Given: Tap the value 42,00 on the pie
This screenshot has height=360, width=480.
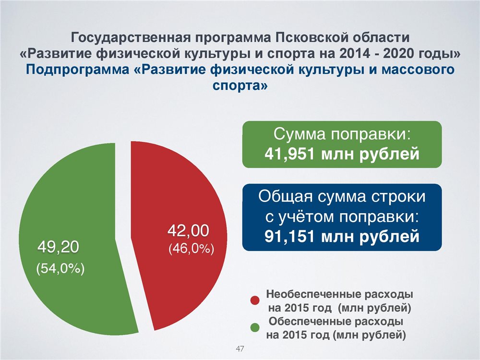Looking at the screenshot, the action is coord(188,230).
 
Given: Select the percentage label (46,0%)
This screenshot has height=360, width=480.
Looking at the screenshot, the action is coord(191,249).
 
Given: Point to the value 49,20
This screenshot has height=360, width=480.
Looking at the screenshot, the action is coord(58,247).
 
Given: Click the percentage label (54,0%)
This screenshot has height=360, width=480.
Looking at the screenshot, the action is coord(60,269).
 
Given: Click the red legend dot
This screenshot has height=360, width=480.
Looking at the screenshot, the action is coord(255,300).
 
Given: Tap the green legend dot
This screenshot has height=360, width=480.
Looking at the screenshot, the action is coord(255,327).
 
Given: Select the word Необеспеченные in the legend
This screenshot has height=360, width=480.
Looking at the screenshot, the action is coord(313,295).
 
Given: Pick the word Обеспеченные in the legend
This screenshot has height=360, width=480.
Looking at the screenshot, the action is coord(310,322).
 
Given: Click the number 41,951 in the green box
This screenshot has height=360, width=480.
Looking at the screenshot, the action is coord(289,154).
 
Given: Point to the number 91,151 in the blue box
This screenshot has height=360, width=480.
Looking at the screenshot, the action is coord(289,236).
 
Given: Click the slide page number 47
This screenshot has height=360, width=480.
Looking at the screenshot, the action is coord(240,348).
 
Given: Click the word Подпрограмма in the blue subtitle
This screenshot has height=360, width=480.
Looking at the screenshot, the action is coord(77,70).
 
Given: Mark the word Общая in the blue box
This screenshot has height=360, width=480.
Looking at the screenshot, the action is coord(286,196).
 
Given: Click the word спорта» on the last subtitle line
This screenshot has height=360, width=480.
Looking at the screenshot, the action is coord(240,85).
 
